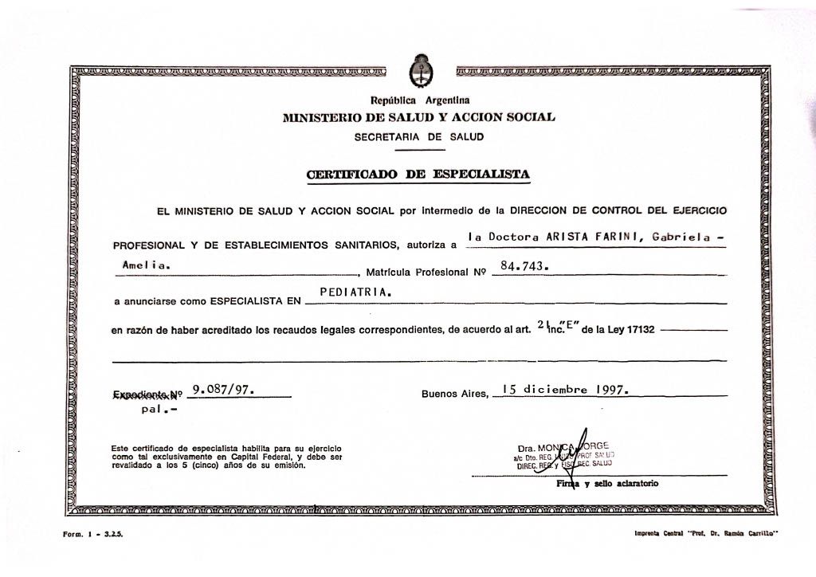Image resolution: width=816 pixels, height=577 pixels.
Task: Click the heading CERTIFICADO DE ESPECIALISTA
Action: (x=418, y=174)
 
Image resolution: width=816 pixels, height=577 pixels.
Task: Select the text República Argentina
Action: (x=419, y=100)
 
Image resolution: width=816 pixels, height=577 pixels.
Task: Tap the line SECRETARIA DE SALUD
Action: (x=419, y=136)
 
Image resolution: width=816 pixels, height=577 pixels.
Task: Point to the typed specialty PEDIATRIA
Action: (x=355, y=292)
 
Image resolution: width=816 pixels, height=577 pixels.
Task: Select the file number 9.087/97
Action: (x=223, y=390)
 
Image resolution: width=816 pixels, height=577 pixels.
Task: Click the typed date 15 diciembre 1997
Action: (x=566, y=390)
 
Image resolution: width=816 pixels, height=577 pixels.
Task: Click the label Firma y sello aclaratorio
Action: (x=607, y=484)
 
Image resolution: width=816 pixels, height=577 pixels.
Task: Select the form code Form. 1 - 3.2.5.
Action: (x=93, y=534)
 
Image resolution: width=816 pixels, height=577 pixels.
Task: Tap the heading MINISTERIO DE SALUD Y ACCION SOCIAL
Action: (x=419, y=117)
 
